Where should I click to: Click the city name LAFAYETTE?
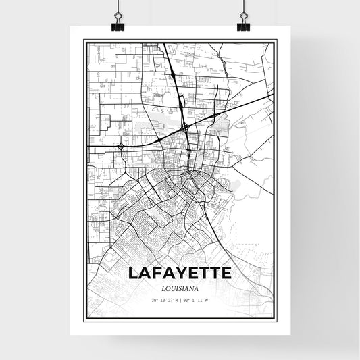179,274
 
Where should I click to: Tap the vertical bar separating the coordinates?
180,299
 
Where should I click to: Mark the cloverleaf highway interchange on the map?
184,127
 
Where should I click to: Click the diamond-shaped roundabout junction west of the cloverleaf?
121,146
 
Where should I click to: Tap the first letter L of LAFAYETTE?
131,274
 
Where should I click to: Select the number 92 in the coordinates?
187,299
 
